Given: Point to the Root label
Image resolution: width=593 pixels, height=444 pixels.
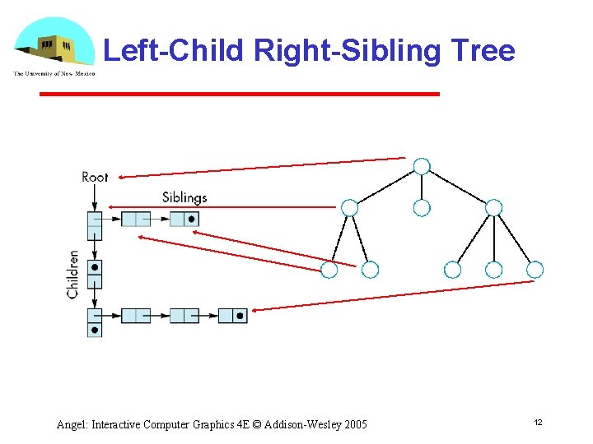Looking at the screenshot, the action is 95,177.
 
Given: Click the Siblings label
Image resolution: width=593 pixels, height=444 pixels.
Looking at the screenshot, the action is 184,197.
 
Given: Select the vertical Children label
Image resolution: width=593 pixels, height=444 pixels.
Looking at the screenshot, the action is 73,274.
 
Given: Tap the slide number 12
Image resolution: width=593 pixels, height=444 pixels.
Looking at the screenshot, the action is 538,422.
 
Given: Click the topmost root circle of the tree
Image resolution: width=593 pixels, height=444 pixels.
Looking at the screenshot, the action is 422,166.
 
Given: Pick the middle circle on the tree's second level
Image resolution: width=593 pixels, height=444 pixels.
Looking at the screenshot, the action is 422,208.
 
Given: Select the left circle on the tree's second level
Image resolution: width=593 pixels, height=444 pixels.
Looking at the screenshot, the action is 349,208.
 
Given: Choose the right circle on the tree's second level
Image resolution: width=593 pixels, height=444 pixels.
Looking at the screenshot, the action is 493,208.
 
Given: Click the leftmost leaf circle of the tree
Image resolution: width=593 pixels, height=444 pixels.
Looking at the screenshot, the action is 329,270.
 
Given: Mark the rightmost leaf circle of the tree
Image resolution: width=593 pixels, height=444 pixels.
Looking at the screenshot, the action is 535,270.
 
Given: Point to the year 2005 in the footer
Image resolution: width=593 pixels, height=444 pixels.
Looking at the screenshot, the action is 355,424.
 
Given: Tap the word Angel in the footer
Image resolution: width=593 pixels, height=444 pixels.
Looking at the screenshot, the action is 72,424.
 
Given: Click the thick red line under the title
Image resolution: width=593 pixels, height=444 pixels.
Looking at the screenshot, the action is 240,95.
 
